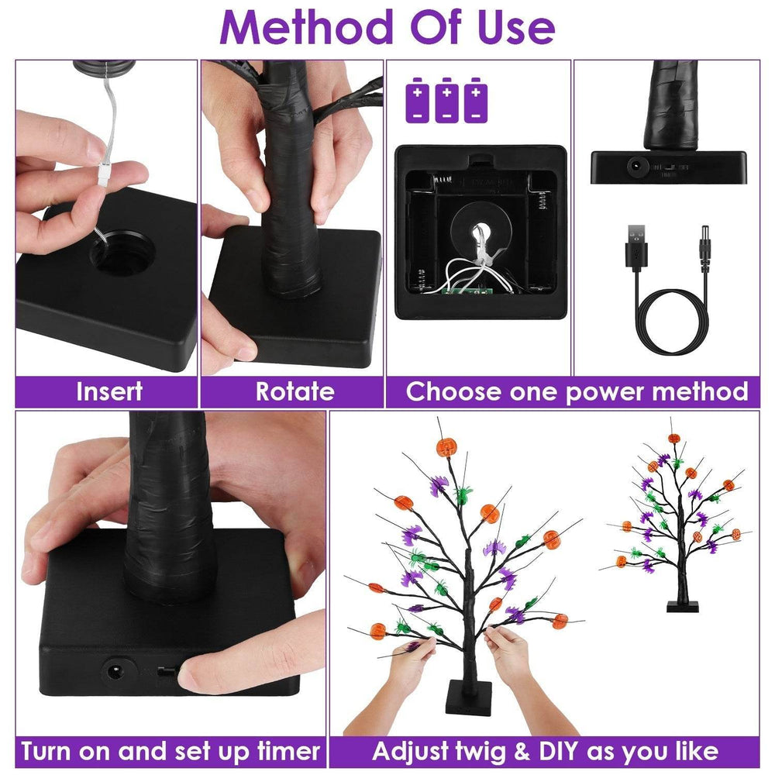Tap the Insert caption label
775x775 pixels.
tap(108, 391)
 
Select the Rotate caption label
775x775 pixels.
tap(294, 391)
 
